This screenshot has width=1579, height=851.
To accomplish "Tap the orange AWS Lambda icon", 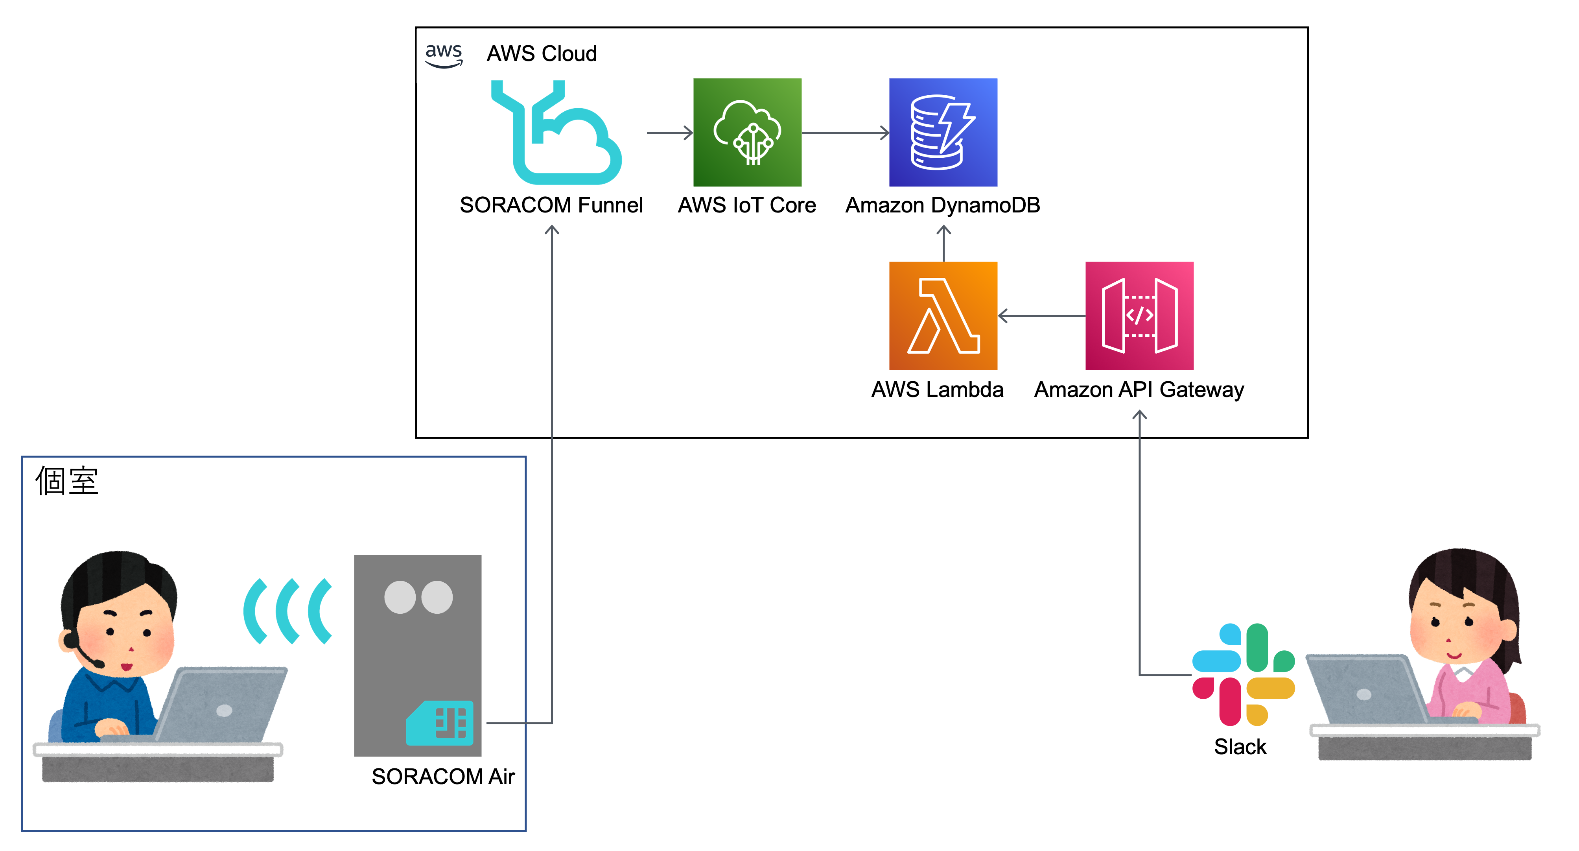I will click(x=943, y=316).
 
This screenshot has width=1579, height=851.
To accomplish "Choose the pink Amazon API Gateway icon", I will click(x=1139, y=316).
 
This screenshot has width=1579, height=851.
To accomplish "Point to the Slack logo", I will click(x=1243, y=674).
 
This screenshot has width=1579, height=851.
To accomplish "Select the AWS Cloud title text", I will click(x=541, y=54).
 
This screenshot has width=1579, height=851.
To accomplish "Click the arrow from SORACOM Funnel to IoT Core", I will click(x=669, y=133).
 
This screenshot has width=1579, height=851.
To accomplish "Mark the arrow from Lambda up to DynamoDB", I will click(x=943, y=244).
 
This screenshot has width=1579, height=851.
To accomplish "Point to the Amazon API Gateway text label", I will click(x=1139, y=390).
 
